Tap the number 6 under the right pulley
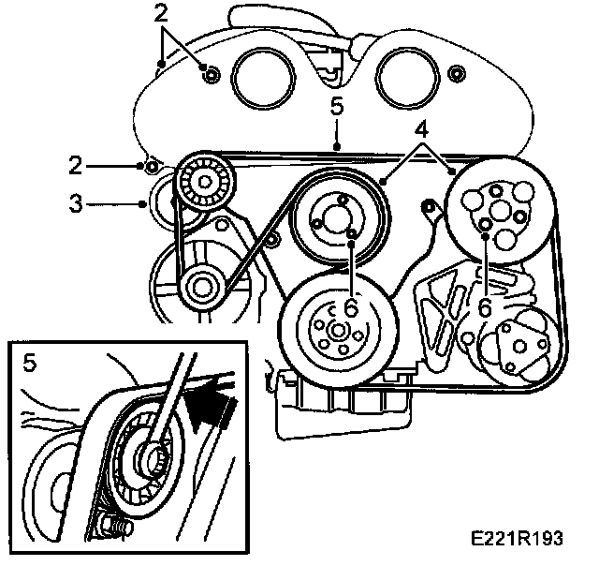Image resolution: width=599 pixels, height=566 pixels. [x=484, y=306]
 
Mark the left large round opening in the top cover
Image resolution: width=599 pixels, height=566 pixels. [x=260, y=78]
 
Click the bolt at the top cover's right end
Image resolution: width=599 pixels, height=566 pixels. [x=456, y=74]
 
